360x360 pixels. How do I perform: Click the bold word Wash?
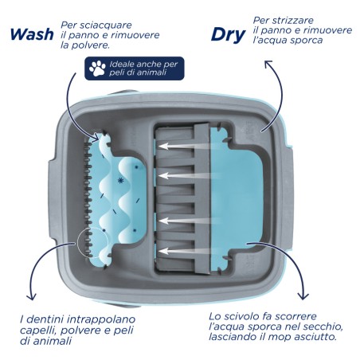[x=32, y=34]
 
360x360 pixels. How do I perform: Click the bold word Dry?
[x=228, y=35]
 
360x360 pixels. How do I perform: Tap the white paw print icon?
[x=97, y=68]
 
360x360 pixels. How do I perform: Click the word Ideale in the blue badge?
[x=121, y=65]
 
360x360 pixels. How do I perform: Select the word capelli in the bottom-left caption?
[x=38, y=331]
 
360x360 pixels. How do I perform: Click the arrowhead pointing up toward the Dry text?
[x=268, y=64]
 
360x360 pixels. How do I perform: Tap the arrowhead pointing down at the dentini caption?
[x=32, y=296]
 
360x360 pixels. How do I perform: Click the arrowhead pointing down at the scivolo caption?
[x=303, y=295]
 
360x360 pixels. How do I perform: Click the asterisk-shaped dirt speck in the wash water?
[x=120, y=181]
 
